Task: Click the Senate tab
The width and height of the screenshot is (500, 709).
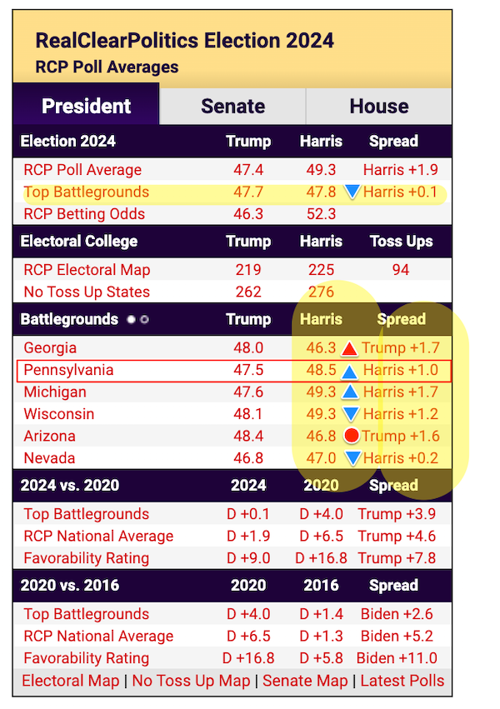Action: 232,107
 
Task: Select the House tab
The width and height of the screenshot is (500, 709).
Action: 379,107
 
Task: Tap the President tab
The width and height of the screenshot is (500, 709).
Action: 87,107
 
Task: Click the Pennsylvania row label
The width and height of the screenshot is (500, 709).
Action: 68,370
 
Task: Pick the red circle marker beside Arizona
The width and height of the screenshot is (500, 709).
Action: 352,436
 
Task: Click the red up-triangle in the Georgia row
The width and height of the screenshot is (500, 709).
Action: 351,348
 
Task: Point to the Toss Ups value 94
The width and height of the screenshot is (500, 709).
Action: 401,270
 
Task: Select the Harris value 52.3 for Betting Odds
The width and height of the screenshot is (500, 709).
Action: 321,214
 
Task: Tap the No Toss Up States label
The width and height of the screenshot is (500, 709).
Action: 87,292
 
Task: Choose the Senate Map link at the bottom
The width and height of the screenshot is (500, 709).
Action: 305,681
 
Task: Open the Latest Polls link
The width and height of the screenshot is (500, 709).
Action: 402,681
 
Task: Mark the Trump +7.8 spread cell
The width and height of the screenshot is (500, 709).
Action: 397,558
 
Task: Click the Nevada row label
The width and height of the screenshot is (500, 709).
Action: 49,457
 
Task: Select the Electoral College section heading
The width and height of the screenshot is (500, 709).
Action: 79,242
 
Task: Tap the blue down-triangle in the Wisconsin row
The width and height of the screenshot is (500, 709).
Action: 352,414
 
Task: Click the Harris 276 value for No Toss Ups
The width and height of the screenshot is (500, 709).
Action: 321,292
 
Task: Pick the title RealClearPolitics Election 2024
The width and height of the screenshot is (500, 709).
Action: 184,40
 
